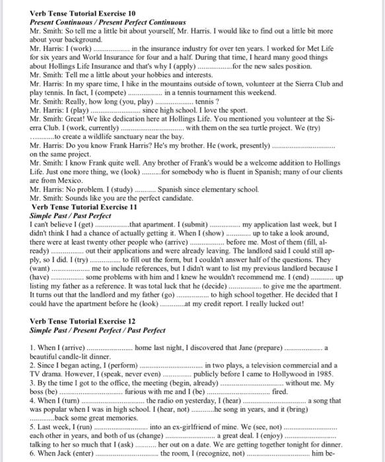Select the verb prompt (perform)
click(118, 364)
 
